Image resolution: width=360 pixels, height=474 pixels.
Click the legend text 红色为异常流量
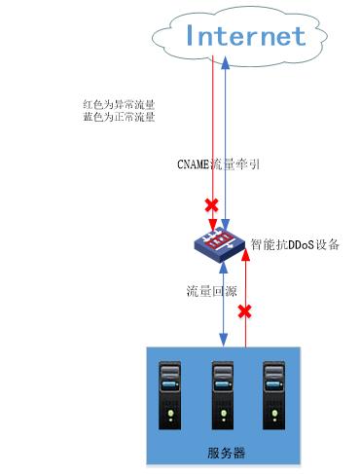tap(120, 102)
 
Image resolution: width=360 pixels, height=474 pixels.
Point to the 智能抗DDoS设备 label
tap(295, 244)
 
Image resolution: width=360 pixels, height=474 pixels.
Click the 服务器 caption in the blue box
tap(226, 453)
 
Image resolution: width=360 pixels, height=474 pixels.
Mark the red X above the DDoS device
tap(209, 205)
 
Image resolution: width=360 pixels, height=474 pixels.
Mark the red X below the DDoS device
tap(245, 312)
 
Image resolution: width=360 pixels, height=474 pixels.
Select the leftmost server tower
tap(170, 394)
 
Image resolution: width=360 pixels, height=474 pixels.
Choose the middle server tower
tap(223, 394)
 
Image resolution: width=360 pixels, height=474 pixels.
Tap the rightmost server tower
tap(274, 394)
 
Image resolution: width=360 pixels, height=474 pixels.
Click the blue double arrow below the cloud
tap(226, 136)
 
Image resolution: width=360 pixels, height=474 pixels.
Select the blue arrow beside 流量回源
tap(226, 311)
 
